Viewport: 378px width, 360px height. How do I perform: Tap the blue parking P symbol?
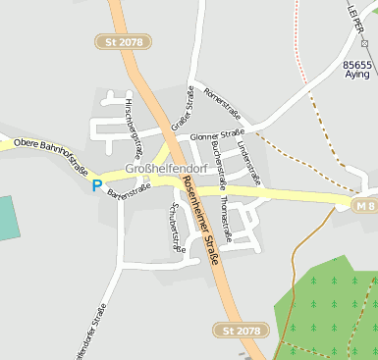pyautogui.click(x=96, y=184)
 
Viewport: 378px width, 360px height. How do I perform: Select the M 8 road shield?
pyautogui.click(x=365, y=204)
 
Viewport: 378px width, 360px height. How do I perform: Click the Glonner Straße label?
pyautogui.click(x=217, y=135)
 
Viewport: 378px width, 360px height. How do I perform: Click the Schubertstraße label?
pyautogui.click(x=177, y=227)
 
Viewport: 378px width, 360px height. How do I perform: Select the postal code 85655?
pyautogui.click(x=356, y=64)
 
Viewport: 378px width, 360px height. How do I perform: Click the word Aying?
pyautogui.click(x=357, y=75)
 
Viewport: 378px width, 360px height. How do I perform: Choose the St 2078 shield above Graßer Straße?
pyautogui.click(x=123, y=41)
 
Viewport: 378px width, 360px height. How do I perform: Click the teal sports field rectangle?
pyautogui.click(x=8, y=217)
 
